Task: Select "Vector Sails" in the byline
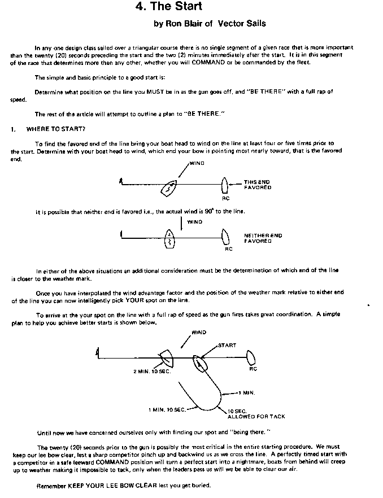coord(241,24)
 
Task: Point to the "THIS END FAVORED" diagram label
coord(257,184)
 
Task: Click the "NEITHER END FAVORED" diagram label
coord(263,238)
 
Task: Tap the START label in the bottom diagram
coord(227,345)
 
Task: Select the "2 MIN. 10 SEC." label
coord(152,372)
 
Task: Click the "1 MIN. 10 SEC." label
coord(168,409)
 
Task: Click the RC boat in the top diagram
coord(225,185)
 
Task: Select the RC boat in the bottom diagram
coord(252,357)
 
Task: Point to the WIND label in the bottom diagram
coord(199,333)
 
